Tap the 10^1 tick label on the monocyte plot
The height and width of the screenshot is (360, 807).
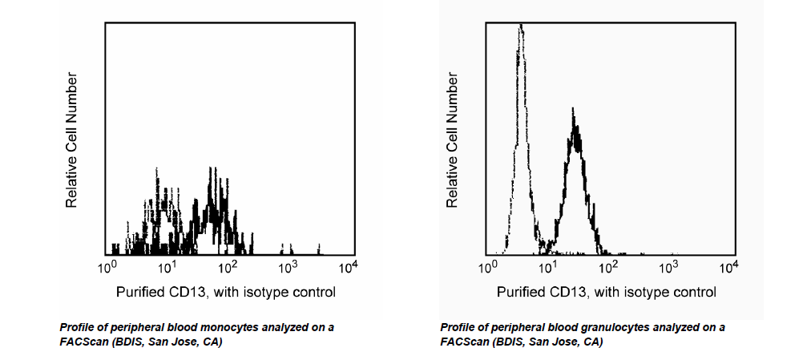[167, 266]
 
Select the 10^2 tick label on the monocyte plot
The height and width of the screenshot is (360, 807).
[228, 266]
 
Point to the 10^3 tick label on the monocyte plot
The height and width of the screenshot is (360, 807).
[288, 266]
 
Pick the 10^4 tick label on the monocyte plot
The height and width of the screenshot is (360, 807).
[347, 266]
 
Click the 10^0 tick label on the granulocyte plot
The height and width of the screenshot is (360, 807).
[488, 266]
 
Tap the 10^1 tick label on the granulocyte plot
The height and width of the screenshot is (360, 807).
[548, 266]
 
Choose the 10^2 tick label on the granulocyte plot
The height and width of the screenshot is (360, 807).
[608, 266]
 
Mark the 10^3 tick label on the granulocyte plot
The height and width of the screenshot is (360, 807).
[668, 266]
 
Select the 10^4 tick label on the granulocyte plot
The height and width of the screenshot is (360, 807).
[728, 266]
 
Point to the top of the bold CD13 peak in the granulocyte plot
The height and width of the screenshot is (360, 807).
[572, 110]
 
